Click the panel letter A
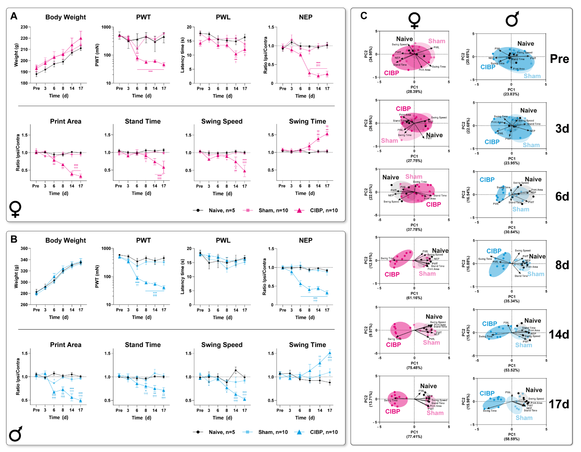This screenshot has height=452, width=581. (x=14, y=16)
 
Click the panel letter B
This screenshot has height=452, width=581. (x=14, y=239)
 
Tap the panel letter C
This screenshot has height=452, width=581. (x=364, y=16)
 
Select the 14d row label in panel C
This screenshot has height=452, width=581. (x=559, y=335)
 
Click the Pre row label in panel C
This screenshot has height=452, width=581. (x=559, y=59)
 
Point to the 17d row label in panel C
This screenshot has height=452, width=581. (x=559, y=404)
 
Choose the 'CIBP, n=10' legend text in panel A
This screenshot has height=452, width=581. (x=324, y=211)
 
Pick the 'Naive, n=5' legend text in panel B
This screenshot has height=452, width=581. (x=222, y=432)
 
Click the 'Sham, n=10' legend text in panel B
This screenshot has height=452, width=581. (x=273, y=432)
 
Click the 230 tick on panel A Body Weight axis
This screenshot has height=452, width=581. (x=24, y=27)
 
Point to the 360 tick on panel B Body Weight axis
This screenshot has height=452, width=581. (x=24, y=249)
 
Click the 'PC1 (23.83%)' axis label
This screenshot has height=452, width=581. (x=511, y=92)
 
